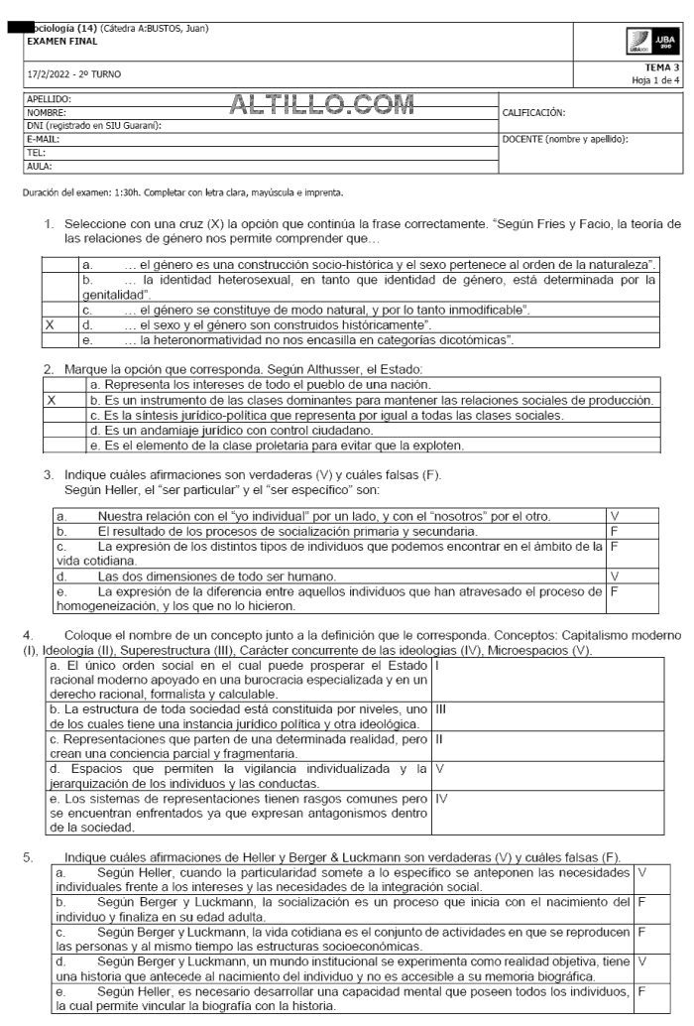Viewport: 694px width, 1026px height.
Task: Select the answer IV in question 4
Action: click(x=441, y=795)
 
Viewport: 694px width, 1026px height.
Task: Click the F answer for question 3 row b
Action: click(x=614, y=531)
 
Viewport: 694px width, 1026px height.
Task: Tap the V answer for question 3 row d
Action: click(x=614, y=575)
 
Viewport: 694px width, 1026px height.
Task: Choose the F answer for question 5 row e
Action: click(x=642, y=990)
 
